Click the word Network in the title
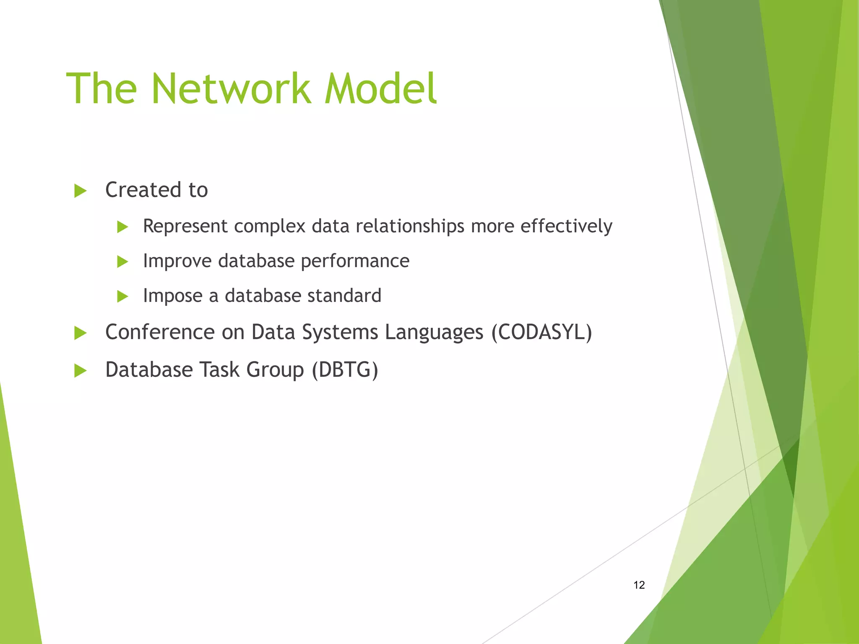pyautogui.click(x=232, y=88)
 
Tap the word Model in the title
pyautogui.click(x=381, y=88)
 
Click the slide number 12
pyautogui.click(x=639, y=585)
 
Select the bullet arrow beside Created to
pyautogui.click(x=80, y=191)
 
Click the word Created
pyautogui.click(x=143, y=190)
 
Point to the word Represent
pyautogui.click(x=185, y=227)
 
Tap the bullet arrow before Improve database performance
pyautogui.click(x=122, y=262)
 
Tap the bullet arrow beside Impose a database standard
pyautogui.click(x=122, y=297)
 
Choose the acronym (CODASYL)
pyautogui.click(x=541, y=332)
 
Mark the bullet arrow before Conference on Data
pyautogui.click(x=80, y=333)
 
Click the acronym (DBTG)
pyautogui.click(x=345, y=370)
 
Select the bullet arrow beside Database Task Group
pyautogui.click(x=80, y=371)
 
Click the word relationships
pyautogui.click(x=410, y=227)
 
